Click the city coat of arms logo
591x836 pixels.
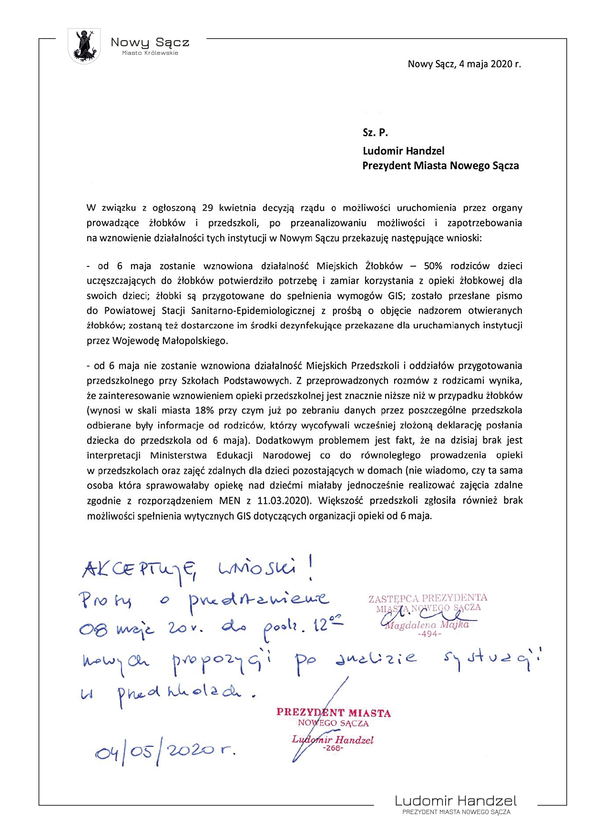pos(84,46)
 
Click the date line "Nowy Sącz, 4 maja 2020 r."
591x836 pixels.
pos(464,64)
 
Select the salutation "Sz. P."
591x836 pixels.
pos(375,133)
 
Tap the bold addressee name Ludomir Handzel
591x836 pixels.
pos(403,151)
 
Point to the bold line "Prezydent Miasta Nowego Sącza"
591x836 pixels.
pos(440,166)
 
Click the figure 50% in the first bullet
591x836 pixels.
pos(432,266)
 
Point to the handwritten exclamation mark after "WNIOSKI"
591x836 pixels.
pos(311,569)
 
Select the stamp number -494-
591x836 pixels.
pos(429,634)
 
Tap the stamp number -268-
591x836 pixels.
pos(333,748)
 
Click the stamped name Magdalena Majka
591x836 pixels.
pos(428,625)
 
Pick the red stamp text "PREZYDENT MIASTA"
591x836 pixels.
pos(334,713)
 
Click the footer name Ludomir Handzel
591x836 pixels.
pos(456,801)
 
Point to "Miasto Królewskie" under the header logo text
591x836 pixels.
pos(150,53)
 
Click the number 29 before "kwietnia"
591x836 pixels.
pos(207,208)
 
